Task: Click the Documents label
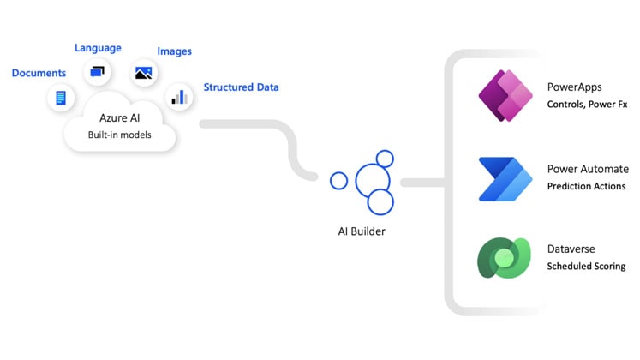(x=39, y=74)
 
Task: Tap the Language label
(x=98, y=48)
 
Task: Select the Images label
(x=174, y=51)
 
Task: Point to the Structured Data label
(x=241, y=87)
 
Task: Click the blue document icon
(x=60, y=98)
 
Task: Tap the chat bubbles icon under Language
(x=98, y=72)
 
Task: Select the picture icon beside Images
(x=143, y=73)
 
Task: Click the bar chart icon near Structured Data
(x=179, y=96)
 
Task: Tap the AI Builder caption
(x=362, y=231)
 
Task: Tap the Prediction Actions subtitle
(x=586, y=186)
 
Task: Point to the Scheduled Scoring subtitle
(x=586, y=267)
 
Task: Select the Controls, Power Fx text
(x=586, y=105)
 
